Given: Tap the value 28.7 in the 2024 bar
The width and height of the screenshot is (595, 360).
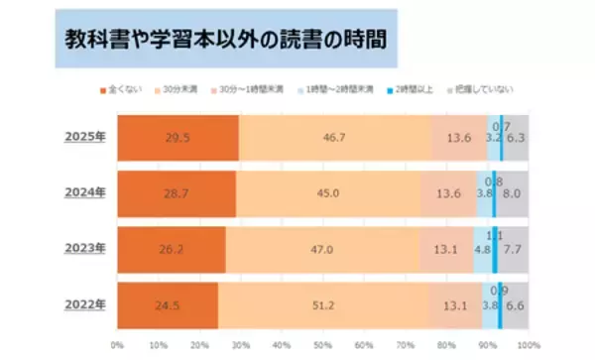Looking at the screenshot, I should click(x=176, y=193).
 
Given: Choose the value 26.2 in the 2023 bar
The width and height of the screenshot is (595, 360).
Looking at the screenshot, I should click(x=171, y=250).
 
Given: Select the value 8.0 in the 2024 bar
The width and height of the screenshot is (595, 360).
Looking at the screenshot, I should click(x=513, y=194).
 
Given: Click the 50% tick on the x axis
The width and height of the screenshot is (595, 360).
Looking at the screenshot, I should click(x=321, y=345).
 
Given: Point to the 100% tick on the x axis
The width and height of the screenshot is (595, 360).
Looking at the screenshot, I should click(x=527, y=345).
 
